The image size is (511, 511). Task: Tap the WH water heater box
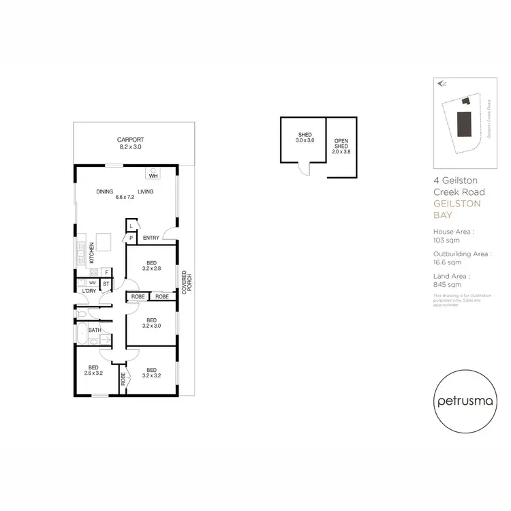click(153, 174)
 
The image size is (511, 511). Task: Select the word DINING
click(104, 191)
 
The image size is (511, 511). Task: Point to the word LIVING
click(146, 191)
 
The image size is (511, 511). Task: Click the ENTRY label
click(151, 238)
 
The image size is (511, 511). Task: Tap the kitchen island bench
click(104, 243)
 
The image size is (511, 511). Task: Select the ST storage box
click(106, 283)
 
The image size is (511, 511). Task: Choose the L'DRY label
click(89, 292)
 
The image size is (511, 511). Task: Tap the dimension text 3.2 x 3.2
click(151, 374)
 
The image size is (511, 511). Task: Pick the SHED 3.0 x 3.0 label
click(305, 137)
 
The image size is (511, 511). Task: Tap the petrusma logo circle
click(461, 401)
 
